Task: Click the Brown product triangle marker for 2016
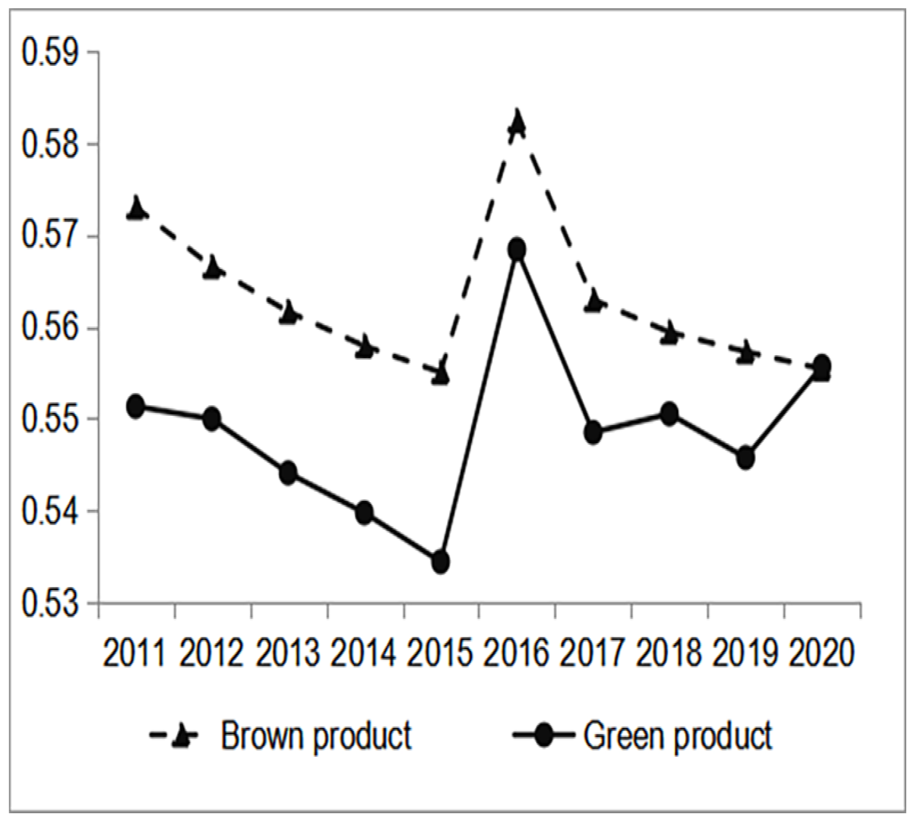click(517, 122)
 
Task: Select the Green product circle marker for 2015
click(441, 561)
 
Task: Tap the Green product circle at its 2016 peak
click(517, 250)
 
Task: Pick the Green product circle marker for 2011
click(136, 407)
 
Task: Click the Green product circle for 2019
click(746, 457)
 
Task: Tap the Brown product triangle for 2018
click(670, 334)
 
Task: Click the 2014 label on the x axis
click(365, 654)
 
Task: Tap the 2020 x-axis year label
click(822, 654)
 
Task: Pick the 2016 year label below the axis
click(517, 654)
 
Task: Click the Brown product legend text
click(316, 736)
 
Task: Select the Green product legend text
click(677, 736)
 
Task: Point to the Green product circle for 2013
click(289, 472)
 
